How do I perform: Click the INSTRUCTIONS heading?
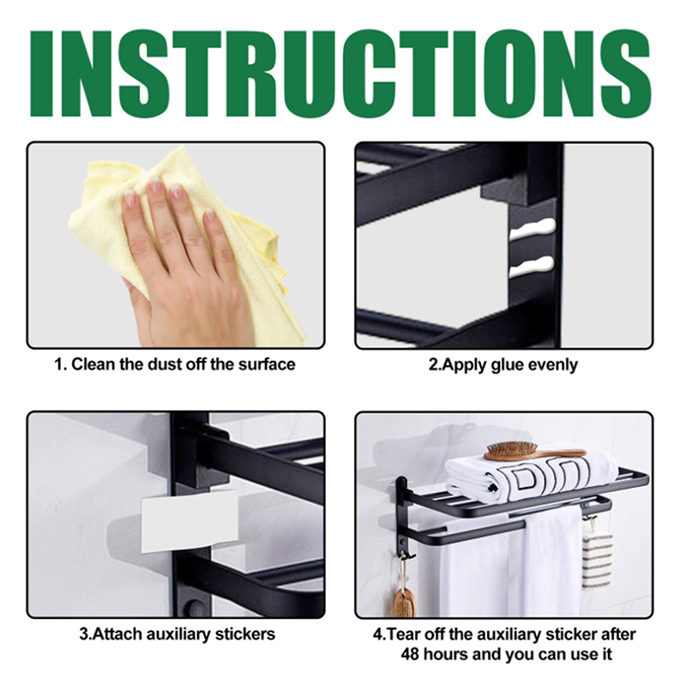(x=340, y=73)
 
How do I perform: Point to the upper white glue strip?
(x=532, y=229)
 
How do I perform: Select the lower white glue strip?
(x=532, y=267)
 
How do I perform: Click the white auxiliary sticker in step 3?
(x=190, y=521)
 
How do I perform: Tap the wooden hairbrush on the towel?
(x=533, y=451)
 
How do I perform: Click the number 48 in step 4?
(x=411, y=654)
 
